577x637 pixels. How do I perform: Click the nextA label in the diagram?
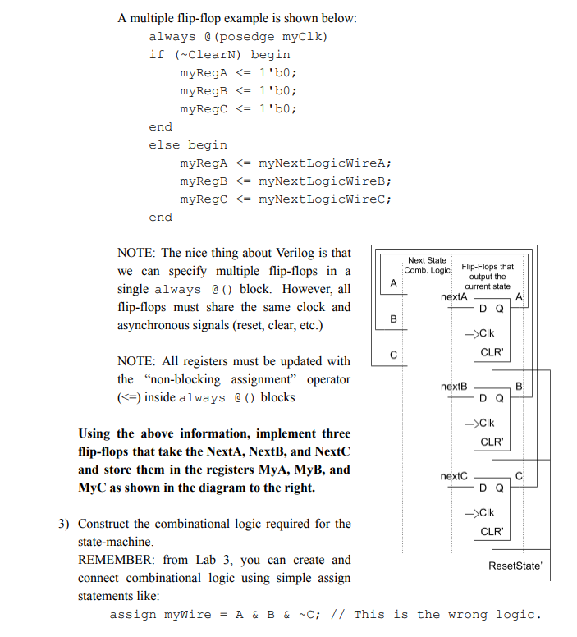click(x=454, y=296)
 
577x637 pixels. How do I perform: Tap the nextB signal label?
click(x=454, y=385)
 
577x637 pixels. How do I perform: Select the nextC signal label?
click(x=454, y=475)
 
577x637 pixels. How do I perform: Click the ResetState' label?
click(x=515, y=566)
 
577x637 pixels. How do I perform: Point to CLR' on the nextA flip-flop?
click(x=492, y=352)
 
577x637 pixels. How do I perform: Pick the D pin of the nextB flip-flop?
click(x=484, y=399)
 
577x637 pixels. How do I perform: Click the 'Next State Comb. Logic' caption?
click(x=428, y=265)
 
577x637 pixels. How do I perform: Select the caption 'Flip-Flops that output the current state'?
click(x=488, y=276)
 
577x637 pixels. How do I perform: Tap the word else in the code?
click(x=164, y=144)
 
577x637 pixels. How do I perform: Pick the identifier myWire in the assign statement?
click(x=185, y=614)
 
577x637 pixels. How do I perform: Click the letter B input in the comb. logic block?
click(x=393, y=318)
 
